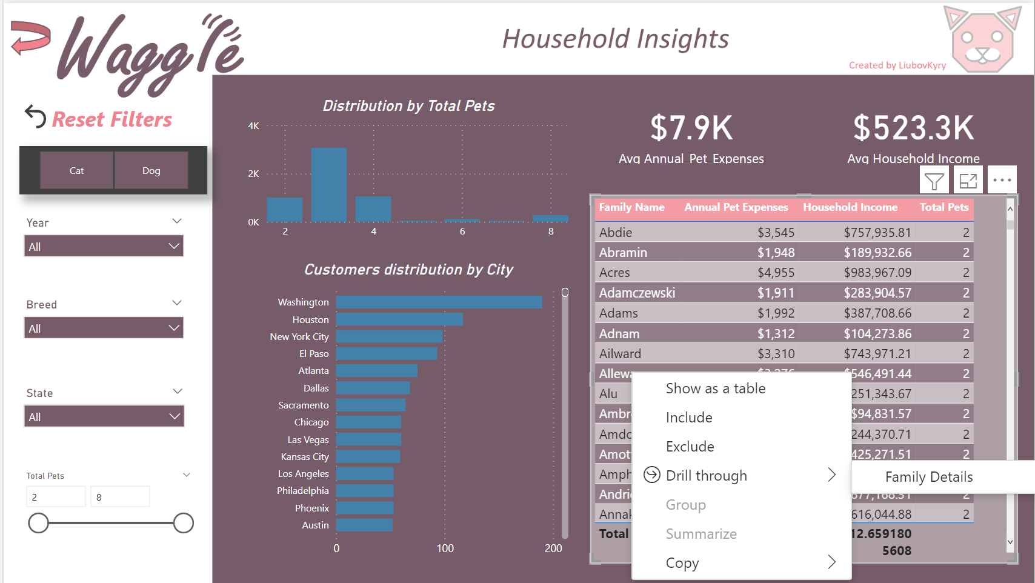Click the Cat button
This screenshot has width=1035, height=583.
(77, 170)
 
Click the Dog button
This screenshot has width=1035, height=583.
(151, 170)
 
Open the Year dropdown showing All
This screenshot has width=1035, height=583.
(104, 247)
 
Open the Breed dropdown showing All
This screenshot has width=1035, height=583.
(104, 328)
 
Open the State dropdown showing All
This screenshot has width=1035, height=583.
(104, 417)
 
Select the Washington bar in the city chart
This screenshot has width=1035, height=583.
(439, 302)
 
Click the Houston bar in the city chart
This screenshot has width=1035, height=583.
(399, 319)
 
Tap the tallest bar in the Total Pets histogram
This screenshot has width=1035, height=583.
(328, 184)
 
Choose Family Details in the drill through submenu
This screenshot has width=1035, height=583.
(928, 477)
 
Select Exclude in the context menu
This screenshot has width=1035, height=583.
(690, 447)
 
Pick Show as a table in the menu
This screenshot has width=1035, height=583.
(715, 388)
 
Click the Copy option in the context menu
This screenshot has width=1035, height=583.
(682, 563)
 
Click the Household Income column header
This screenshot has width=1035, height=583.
(850, 207)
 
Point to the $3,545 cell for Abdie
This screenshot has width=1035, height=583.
(775, 232)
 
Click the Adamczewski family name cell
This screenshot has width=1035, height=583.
(637, 293)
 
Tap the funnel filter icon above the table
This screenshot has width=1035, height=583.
(934, 181)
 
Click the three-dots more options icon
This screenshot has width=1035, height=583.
(1002, 180)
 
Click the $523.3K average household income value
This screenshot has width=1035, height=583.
(913, 128)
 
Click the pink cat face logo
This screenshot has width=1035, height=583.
(982, 41)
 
